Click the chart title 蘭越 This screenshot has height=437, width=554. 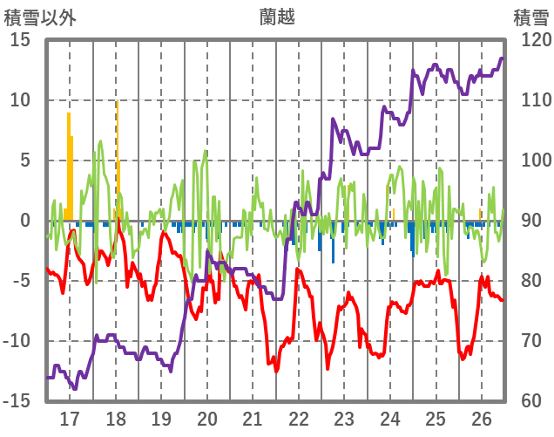[277, 17]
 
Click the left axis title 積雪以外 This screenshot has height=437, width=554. [40, 17]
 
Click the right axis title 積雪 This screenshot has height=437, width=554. [530, 17]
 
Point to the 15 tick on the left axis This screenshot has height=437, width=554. [20, 40]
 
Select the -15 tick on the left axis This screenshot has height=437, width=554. [17, 401]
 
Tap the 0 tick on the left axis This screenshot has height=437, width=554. [25, 221]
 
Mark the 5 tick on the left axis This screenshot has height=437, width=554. [25, 160]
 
